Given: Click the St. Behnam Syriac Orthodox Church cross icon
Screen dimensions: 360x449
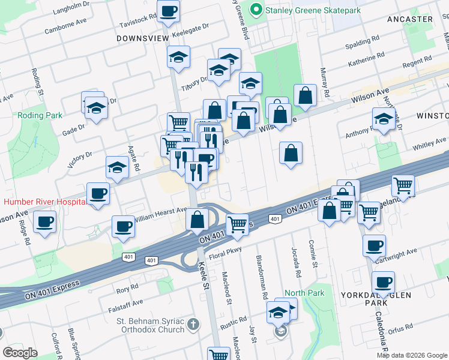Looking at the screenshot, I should pos(193,325).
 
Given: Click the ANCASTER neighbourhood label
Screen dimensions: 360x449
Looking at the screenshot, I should pos(411,19).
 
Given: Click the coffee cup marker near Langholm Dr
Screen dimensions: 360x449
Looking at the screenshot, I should pos(169,11).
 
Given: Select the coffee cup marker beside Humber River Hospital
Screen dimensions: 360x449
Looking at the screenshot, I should pos(98,194).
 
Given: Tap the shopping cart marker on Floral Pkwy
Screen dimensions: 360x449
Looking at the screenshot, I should pos(238,224).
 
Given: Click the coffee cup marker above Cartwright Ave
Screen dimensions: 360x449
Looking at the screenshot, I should pos(375,245).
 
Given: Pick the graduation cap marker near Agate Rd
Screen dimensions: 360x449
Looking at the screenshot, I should pos(117,168).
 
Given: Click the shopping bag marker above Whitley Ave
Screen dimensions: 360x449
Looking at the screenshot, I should pos(291,153).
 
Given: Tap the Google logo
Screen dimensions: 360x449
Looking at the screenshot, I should pos(20,353).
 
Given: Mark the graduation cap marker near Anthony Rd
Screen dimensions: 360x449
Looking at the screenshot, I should pos(384,119).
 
